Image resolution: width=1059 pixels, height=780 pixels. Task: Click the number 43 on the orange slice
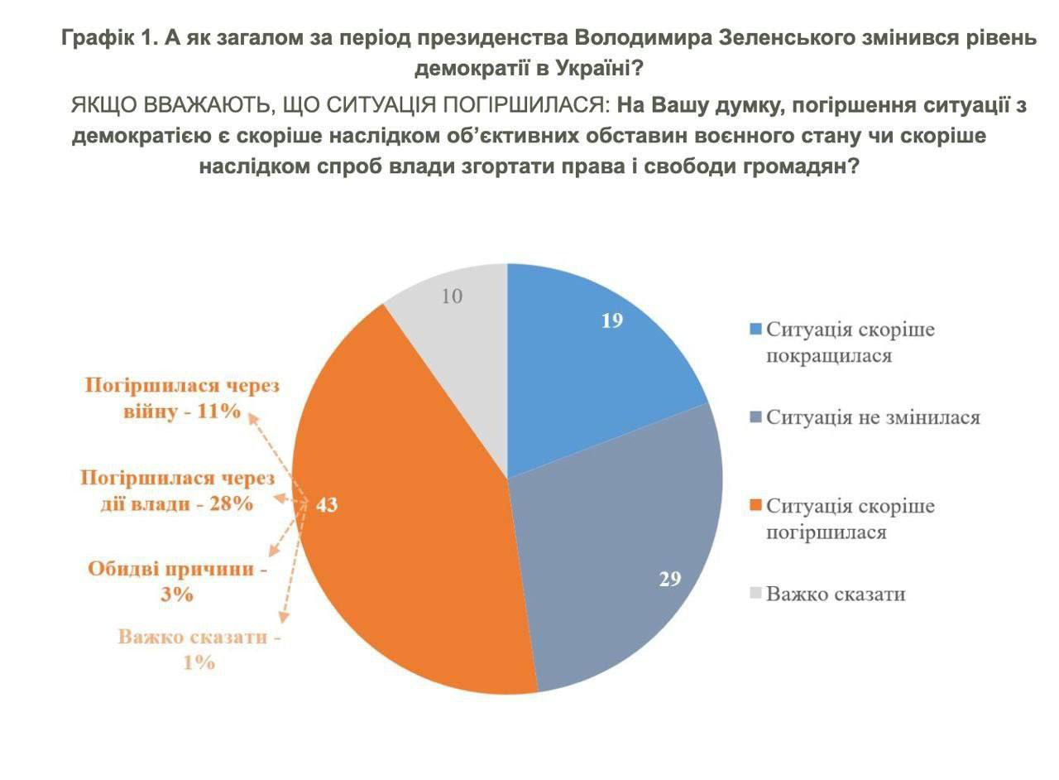(327, 504)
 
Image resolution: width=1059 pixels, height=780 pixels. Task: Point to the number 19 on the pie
(612, 320)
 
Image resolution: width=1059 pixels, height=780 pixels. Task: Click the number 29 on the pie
(670, 579)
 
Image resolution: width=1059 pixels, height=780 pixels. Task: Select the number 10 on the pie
(452, 296)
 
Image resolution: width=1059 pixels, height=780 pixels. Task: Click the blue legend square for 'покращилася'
(755, 330)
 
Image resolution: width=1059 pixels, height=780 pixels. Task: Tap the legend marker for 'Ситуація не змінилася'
(755, 417)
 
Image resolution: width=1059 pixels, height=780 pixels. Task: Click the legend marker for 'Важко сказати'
(755, 594)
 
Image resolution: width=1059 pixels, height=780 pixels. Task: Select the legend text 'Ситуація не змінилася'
(873, 417)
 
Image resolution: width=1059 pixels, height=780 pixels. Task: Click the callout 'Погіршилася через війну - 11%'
(183, 398)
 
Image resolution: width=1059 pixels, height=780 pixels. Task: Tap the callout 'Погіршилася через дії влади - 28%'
(177, 490)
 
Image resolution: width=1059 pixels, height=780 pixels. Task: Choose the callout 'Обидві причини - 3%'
(178, 581)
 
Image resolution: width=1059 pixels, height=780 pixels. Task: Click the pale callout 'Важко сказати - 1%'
(199, 649)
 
